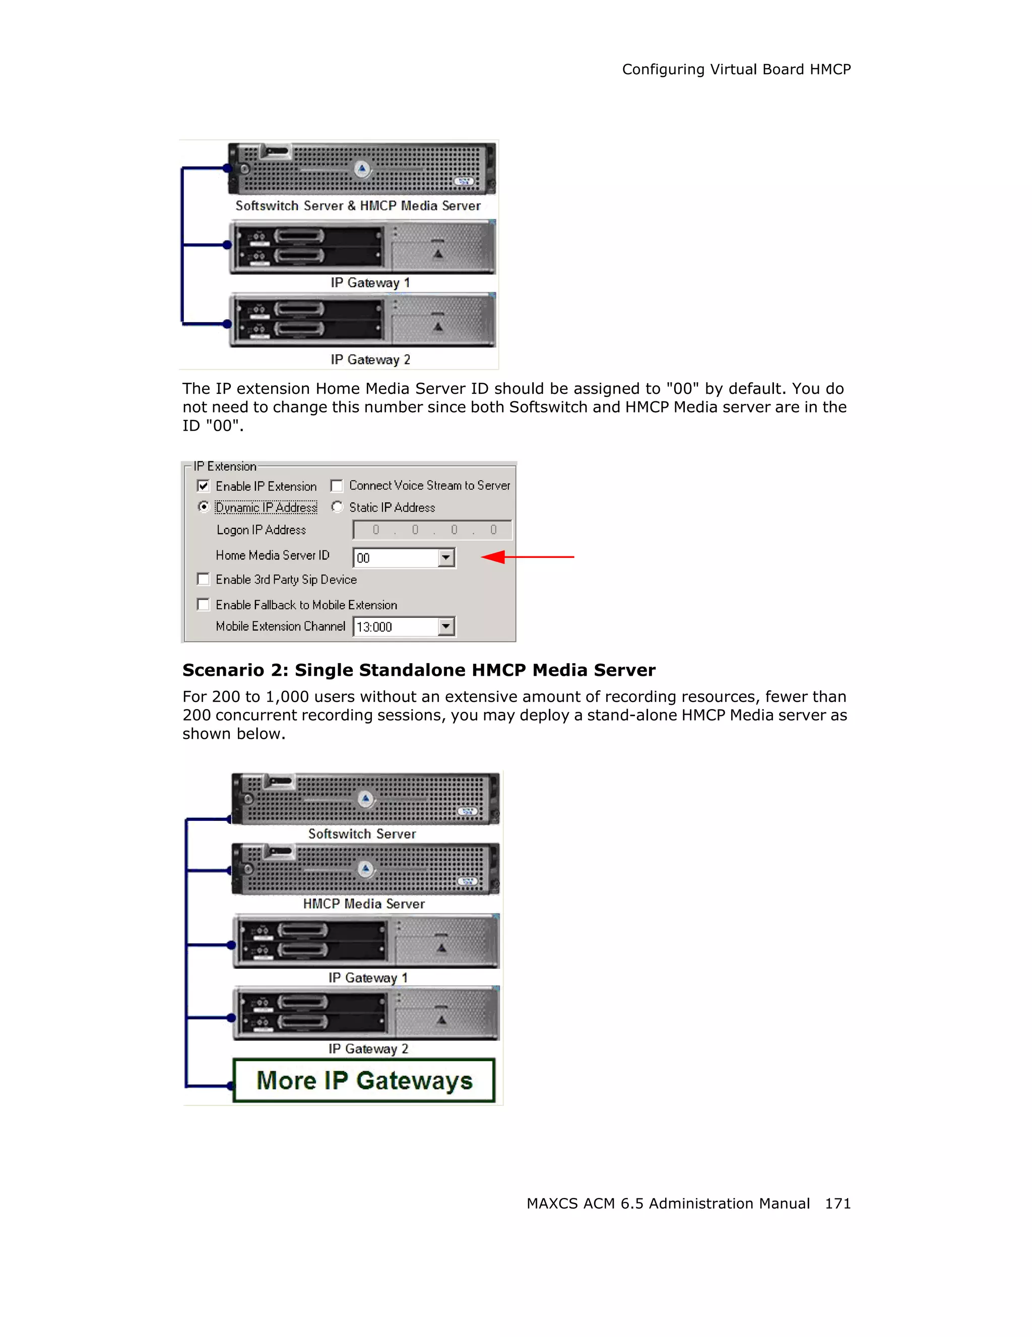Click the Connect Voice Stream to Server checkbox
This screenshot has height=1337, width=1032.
336,486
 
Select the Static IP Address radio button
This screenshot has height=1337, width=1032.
337,507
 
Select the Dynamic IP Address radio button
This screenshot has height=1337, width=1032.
204,507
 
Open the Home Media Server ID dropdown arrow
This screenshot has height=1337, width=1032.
446,557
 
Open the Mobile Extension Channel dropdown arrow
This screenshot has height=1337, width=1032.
446,626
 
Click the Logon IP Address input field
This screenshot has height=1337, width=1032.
432,530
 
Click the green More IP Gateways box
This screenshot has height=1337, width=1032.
364,1081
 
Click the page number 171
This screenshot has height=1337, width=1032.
837,1204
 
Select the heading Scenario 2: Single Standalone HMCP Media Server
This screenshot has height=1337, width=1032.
419,670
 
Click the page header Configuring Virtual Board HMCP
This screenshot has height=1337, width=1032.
736,70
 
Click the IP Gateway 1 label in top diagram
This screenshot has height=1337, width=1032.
370,283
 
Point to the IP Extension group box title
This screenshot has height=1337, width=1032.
225,466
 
